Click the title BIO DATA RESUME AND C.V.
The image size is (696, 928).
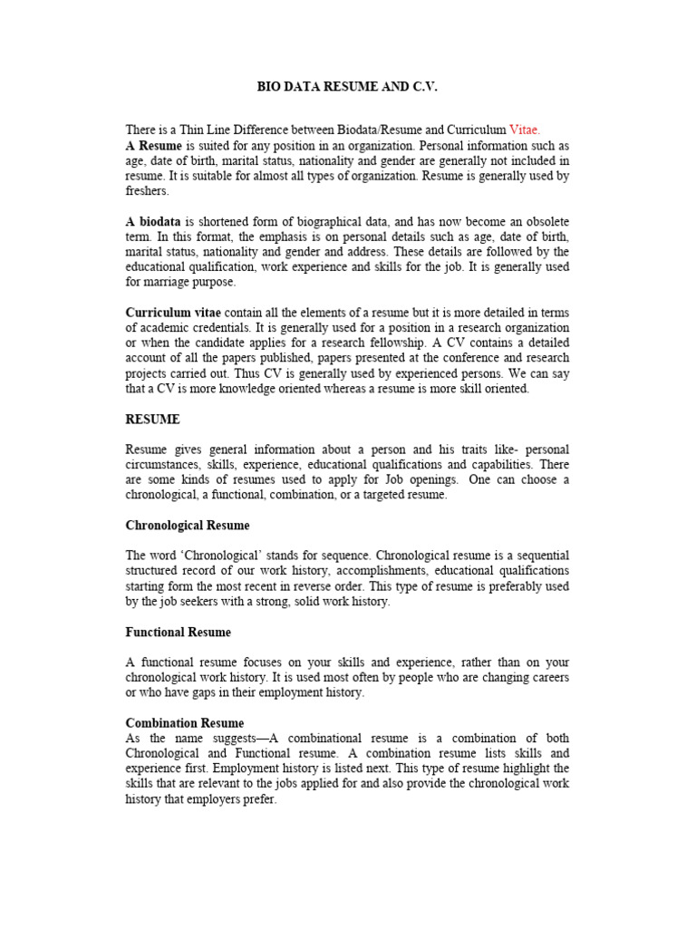click(x=348, y=87)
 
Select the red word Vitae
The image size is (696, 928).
click(x=525, y=130)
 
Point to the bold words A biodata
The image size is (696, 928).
click(x=153, y=221)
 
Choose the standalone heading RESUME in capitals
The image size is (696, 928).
click(x=152, y=420)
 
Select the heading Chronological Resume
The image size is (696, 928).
click(x=188, y=525)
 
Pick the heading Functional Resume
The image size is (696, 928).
click(x=178, y=632)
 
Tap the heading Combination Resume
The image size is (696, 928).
click(x=185, y=723)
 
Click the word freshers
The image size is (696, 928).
click(x=147, y=191)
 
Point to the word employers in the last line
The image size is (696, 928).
click(x=215, y=800)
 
